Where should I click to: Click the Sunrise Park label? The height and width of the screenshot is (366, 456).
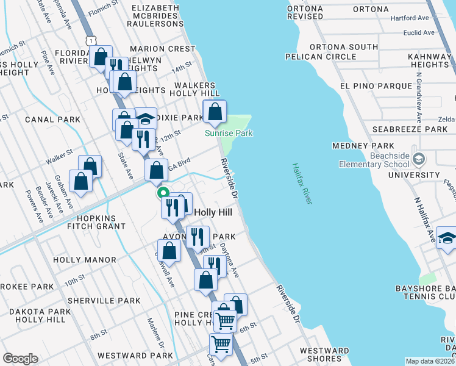click(229, 133)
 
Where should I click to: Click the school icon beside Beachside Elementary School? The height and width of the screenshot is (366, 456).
click(419, 159)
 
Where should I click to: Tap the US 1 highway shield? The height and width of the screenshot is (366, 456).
click(90, 40)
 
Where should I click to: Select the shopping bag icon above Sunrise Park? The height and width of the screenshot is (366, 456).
click(215, 112)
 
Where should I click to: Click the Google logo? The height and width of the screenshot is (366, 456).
click(20, 359)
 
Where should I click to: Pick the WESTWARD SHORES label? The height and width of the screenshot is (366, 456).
click(324, 354)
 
